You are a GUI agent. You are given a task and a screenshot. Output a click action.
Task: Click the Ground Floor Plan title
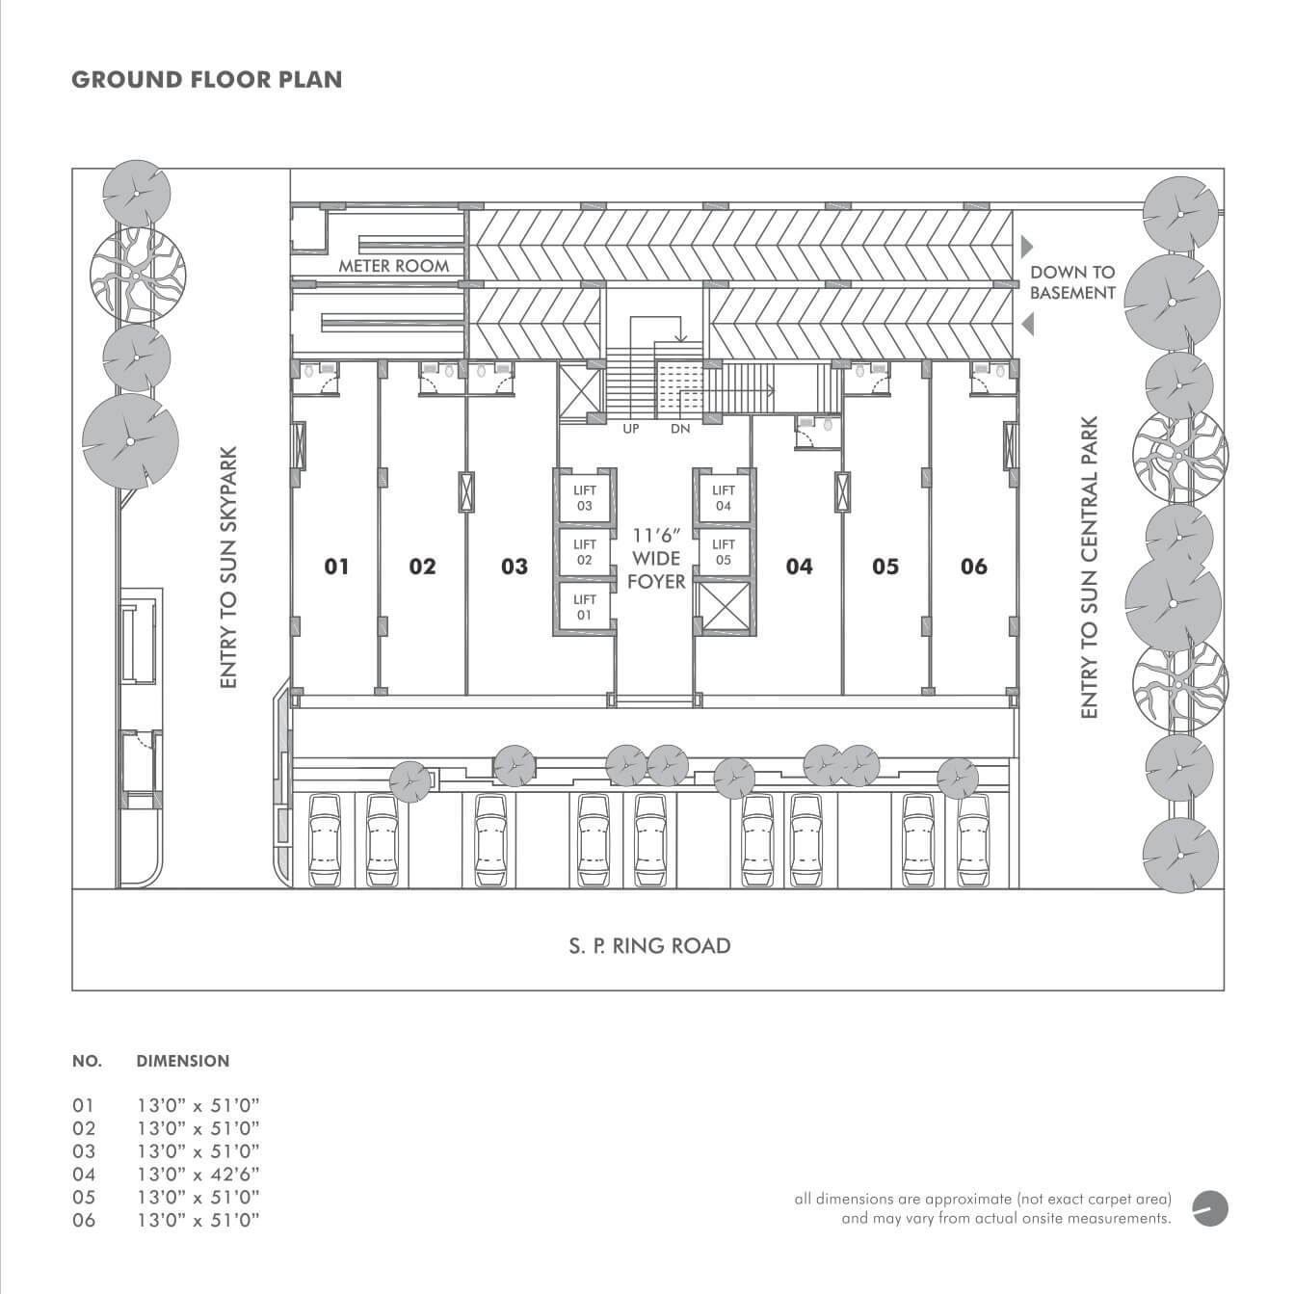click(x=206, y=79)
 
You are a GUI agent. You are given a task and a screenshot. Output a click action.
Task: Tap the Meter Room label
click(x=393, y=266)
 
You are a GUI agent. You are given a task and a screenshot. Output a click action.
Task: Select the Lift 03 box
click(x=585, y=498)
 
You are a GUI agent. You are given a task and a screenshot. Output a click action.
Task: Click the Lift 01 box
click(x=585, y=607)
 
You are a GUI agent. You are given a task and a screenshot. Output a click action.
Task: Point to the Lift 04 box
click(x=724, y=498)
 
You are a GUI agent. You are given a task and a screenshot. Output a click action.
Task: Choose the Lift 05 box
click(x=724, y=552)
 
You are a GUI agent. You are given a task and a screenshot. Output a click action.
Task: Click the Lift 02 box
click(x=585, y=552)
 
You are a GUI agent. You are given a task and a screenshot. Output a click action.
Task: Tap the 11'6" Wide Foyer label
click(x=657, y=558)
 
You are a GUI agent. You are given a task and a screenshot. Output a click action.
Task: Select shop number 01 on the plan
click(x=336, y=567)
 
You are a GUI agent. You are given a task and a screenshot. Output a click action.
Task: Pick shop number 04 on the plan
click(x=799, y=567)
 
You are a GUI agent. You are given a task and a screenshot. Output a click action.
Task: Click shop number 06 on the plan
click(x=974, y=567)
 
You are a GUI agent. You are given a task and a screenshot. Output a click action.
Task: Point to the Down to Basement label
click(x=1072, y=282)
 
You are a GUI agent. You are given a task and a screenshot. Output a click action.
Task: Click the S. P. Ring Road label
click(x=649, y=946)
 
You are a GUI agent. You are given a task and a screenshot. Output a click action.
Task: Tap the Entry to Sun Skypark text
click(x=228, y=567)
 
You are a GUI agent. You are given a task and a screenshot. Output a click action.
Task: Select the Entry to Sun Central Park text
click(x=1090, y=567)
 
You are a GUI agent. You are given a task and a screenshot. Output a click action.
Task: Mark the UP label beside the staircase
click(x=630, y=429)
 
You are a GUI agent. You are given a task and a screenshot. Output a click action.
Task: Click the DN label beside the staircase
click(x=680, y=429)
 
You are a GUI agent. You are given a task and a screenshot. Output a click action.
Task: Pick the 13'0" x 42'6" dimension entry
click(x=198, y=1174)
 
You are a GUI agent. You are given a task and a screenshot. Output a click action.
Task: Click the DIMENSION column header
click(x=183, y=1061)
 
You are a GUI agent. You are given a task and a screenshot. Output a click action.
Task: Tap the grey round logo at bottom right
click(x=1211, y=1208)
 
